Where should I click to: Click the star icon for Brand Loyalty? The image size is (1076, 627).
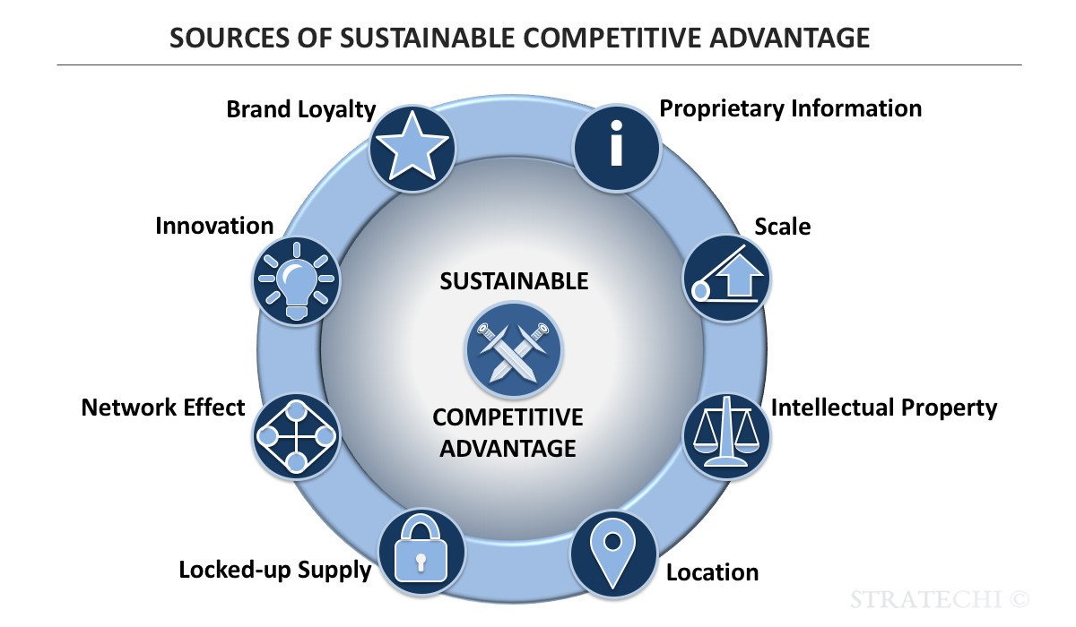412,148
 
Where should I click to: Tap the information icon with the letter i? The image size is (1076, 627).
617,146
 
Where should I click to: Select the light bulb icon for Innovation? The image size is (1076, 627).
296,279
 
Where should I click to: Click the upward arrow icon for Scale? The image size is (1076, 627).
726,278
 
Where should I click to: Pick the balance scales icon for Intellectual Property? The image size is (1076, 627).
726,433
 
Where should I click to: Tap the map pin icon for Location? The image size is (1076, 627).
612,553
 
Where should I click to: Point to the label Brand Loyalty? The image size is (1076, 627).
300,109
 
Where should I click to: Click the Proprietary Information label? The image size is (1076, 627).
790,108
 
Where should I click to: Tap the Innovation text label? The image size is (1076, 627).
214,226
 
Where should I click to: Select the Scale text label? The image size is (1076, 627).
782,227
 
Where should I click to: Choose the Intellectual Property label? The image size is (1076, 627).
883,408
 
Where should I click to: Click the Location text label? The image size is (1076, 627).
712,572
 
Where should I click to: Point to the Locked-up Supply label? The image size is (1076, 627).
274,570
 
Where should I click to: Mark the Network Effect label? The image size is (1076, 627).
163,408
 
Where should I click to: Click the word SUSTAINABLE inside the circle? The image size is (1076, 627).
514,281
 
